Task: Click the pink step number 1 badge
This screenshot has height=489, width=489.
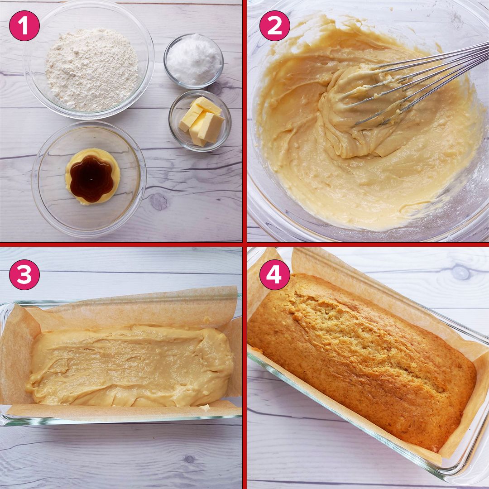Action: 24,26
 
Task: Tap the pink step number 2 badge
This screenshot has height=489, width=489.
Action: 274,26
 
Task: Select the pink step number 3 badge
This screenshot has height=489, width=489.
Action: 24,274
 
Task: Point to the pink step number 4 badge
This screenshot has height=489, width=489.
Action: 274,274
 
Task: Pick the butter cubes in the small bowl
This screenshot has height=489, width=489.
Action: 201,121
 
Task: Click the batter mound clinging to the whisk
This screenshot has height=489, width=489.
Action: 358,113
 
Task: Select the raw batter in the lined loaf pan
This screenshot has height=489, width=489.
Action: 129,364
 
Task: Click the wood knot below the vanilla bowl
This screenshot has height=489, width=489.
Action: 158,201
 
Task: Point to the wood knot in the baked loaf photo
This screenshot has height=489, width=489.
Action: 460,272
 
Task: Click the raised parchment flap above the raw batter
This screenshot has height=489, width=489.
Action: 136,306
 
